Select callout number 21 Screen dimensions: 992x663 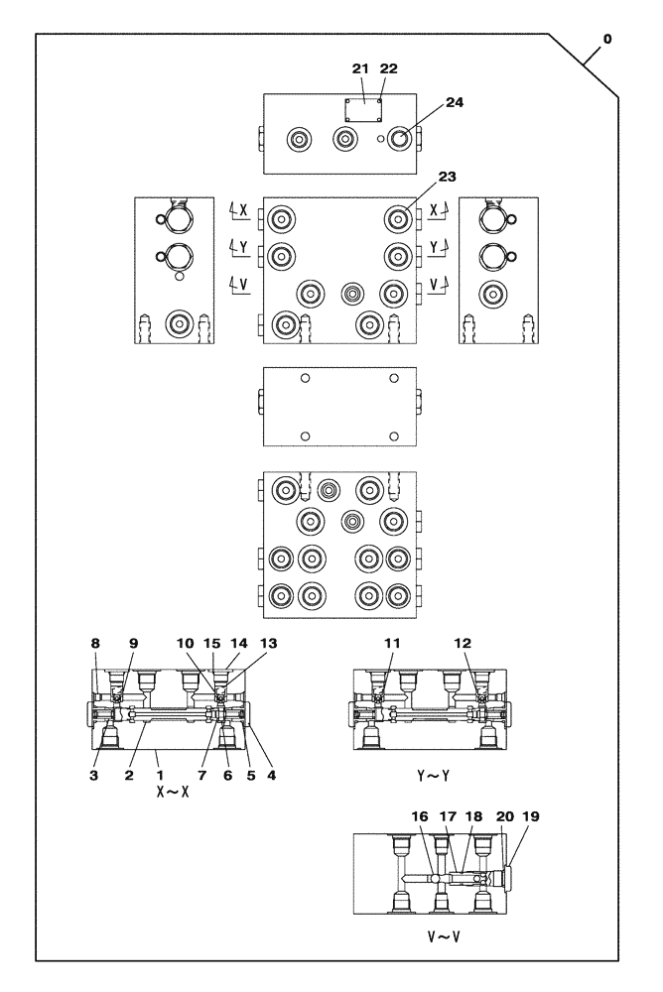[359, 68]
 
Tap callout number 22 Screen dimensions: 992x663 [388, 68]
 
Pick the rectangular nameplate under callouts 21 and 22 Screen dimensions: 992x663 [363, 110]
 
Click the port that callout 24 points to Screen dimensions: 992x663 [399, 140]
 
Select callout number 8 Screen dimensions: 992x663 [96, 643]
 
